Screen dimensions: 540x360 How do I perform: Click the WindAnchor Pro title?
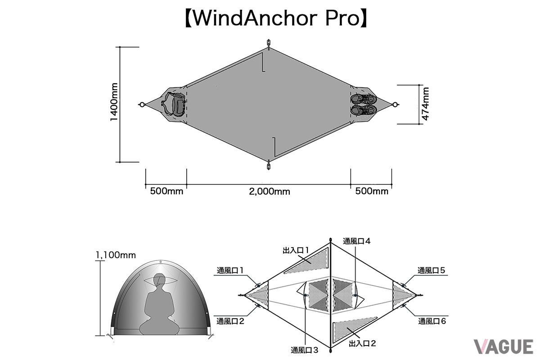pyautogui.click(x=276, y=18)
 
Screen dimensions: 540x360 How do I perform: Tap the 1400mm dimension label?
pyautogui.click(x=114, y=102)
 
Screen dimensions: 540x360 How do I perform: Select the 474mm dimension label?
pyautogui.click(x=426, y=103)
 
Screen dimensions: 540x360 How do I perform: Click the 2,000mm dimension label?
pyautogui.click(x=269, y=192)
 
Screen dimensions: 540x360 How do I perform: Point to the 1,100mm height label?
pyautogui.click(x=116, y=255)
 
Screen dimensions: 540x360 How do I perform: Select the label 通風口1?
pyautogui.click(x=230, y=270)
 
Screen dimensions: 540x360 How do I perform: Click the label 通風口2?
pyautogui.click(x=230, y=321)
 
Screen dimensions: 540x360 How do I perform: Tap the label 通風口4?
pyautogui.click(x=356, y=241)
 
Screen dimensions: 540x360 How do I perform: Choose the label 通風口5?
pyautogui.click(x=431, y=270)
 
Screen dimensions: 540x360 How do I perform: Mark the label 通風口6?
pyautogui.click(x=432, y=321)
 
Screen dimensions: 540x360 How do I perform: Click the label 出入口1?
pyautogui.click(x=296, y=251)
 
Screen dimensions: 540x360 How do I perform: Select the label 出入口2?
pyautogui.click(x=362, y=344)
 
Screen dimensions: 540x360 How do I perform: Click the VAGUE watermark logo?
pyautogui.click(x=504, y=347)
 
